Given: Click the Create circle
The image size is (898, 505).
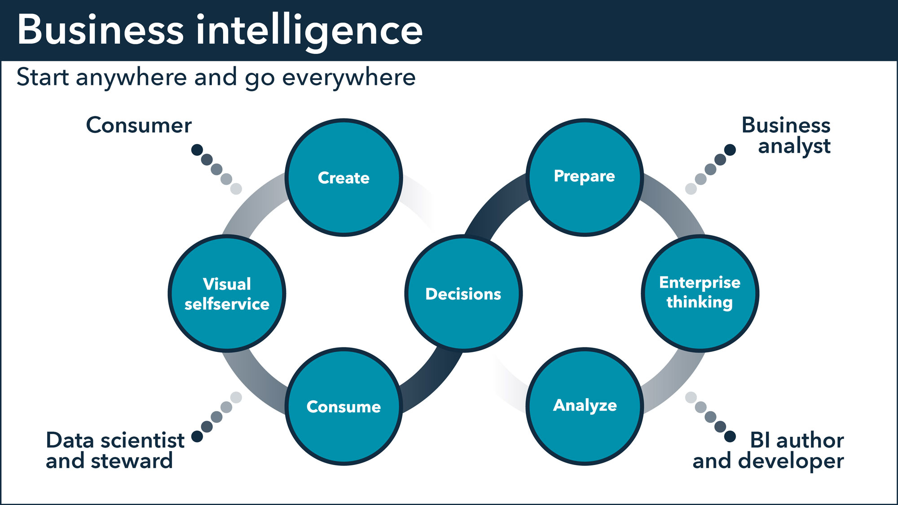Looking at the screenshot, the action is click(343, 177).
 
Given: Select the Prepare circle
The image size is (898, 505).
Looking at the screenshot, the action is click(585, 177).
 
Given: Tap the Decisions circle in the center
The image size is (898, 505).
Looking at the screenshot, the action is click(463, 294).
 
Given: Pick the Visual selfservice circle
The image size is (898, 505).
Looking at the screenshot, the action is click(227, 294).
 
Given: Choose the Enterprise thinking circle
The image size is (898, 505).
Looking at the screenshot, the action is click(700, 294).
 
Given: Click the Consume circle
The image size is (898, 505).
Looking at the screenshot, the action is click(343, 406).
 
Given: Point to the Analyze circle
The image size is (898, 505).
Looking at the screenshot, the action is click(585, 406).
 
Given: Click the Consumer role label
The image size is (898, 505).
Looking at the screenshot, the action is click(139, 125).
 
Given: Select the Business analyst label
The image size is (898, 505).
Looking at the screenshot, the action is click(786, 136).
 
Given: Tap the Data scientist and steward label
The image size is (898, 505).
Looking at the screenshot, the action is click(115, 450).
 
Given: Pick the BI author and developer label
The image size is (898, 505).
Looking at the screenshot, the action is click(768, 450).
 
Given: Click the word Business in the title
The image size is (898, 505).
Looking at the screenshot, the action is click(100, 30).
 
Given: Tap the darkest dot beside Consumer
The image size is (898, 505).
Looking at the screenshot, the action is click(197, 150).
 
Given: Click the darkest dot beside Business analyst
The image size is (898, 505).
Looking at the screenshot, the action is click(730, 150).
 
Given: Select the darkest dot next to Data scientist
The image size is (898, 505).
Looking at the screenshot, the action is click(197, 436).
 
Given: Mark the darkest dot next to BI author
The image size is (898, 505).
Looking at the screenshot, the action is click(730, 436).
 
